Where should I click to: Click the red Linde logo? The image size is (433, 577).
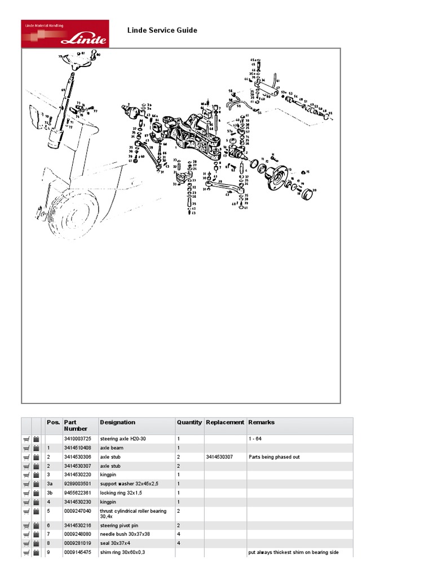point(64,34)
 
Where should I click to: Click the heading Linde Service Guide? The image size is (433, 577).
point(162,30)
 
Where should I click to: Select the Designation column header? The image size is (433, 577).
point(117,422)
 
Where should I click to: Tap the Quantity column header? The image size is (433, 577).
point(189,422)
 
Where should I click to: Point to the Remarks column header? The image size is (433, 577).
point(262,422)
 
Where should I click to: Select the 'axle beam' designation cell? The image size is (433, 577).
point(112,447)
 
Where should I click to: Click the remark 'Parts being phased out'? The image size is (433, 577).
point(274,457)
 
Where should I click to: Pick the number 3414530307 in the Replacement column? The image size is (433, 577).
point(221,457)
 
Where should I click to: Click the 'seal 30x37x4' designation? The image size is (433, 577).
point(115,543)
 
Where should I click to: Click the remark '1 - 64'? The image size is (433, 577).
point(255,438)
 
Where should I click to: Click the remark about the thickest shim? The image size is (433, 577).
point(293,552)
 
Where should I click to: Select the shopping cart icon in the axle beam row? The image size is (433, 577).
point(26,447)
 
